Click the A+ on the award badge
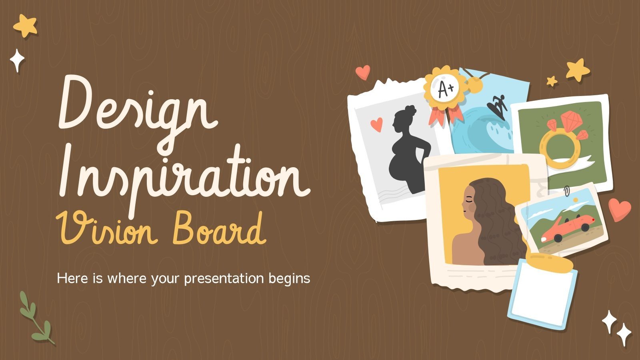(x=446, y=88)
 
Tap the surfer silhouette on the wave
(x=497, y=107)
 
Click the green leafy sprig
(x=36, y=318)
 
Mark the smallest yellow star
(x=552, y=81)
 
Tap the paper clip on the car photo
(x=566, y=191)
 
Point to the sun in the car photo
(x=576, y=200)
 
